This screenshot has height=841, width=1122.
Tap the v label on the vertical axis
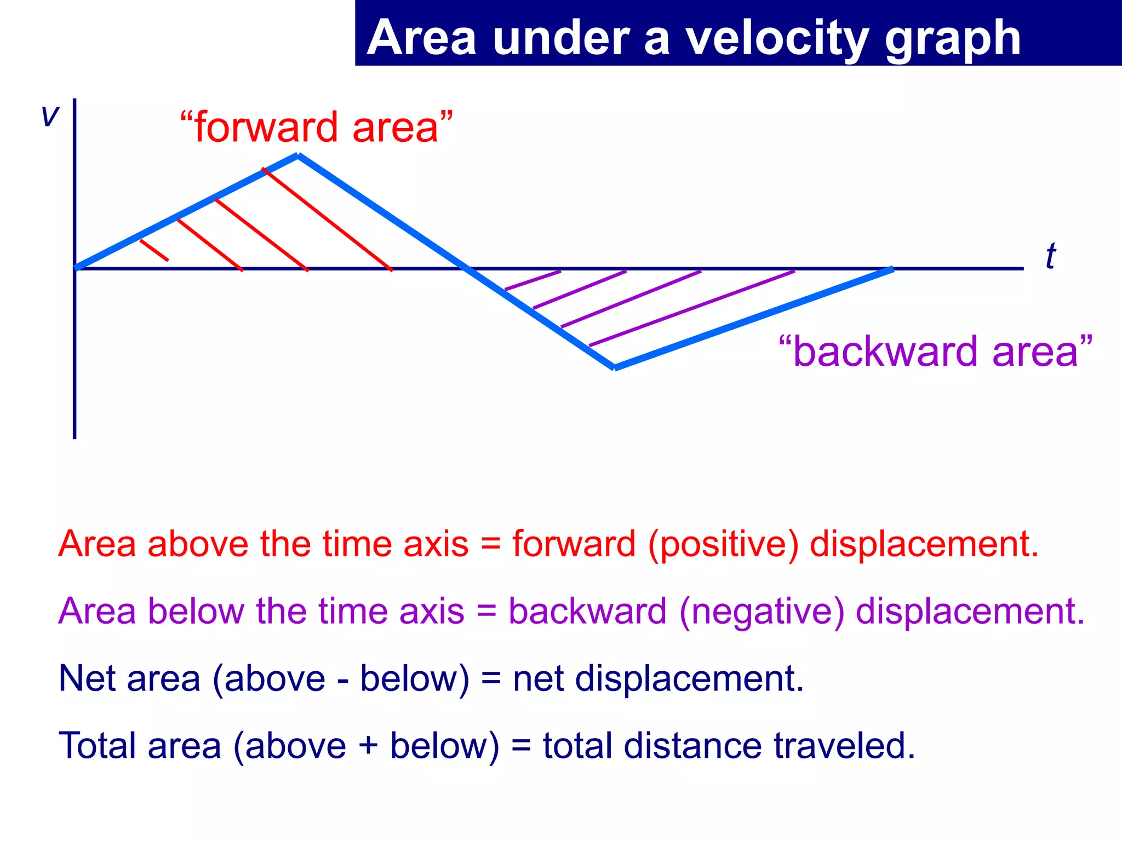pyautogui.click(x=50, y=116)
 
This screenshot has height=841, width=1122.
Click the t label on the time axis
pyautogui.click(x=1050, y=256)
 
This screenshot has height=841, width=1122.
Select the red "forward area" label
pyautogui.click(x=317, y=127)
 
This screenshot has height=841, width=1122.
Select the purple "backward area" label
pyautogui.click(x=935, y=351)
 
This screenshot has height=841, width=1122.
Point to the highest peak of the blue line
pyautogui.click(x=298, y=156)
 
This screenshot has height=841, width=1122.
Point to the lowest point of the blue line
pyautogui.click(x=614, y=367)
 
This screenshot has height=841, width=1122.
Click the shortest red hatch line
pyautogui.click(x=154, y=250)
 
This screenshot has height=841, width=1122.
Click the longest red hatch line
pyautogui.click(x=327, y=220)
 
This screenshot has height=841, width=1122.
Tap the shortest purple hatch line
pyautogui.click(x=533, y=280)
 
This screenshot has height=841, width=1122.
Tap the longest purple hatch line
pyautogui.click(x=691, y=308)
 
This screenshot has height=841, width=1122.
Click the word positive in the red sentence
pyautogui.click(x=724, y=544)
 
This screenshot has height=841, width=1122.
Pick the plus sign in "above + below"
pyautogui.click(x=368, y=746)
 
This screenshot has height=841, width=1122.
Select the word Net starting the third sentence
pyautogui.click(x=87, y=678)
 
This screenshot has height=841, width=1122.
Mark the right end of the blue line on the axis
pyautogui.click(x=892, y=269)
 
